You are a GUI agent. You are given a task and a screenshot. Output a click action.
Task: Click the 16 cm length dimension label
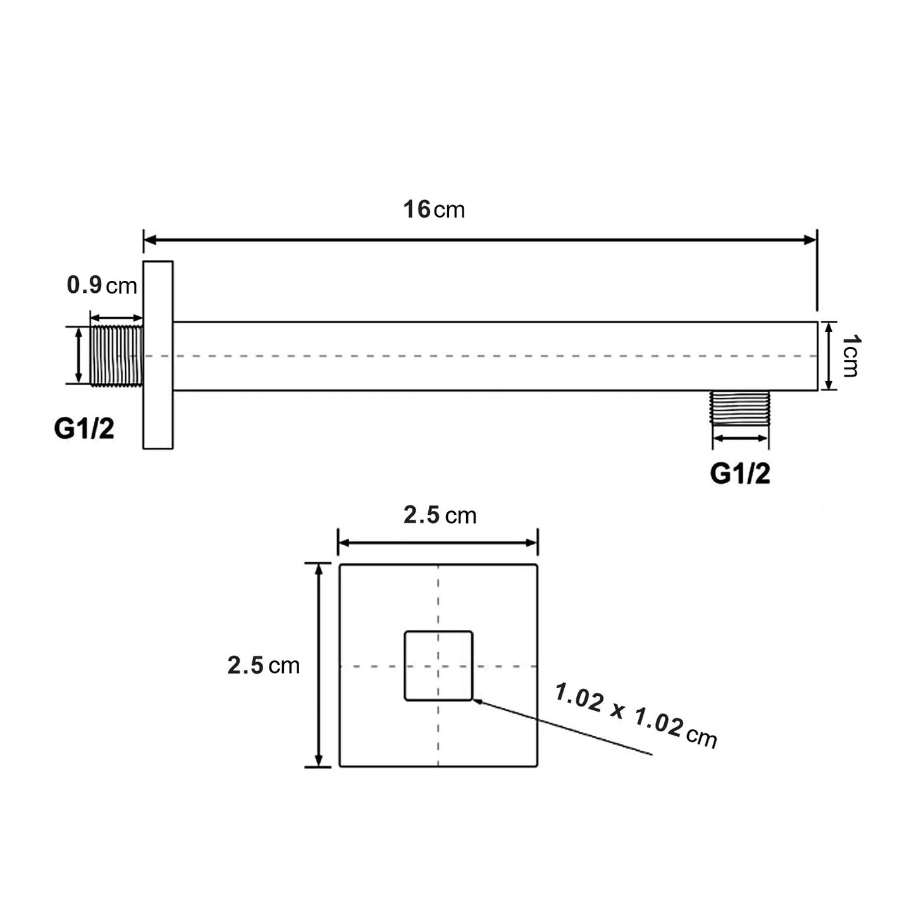[x=434, y=209]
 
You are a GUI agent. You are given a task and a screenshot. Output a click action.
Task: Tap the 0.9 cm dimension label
[x=102, y=285]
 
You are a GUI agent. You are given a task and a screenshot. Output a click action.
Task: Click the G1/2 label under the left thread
[x=84, y=429]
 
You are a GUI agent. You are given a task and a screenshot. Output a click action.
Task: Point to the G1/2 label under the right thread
[x=740, y=473]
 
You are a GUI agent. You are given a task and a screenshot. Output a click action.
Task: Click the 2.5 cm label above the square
[x=440, y=516]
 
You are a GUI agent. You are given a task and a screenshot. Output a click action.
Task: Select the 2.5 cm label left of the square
[x=263, y=665]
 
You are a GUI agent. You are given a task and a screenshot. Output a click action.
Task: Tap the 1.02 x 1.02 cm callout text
[x=636, y=715]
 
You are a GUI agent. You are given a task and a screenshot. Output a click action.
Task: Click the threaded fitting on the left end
[x=117, y=355]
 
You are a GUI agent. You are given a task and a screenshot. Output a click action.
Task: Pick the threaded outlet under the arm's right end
[x=740, y=407]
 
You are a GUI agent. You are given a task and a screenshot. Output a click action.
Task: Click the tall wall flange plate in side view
[x=158, y=355]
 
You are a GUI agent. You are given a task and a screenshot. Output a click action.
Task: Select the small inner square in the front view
[x=438, y=665]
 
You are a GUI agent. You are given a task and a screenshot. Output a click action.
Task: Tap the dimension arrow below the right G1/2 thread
[x=740, y=438]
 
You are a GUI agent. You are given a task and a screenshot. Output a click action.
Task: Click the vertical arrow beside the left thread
[x=78, y=355]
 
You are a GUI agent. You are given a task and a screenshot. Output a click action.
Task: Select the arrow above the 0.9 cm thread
[x=116, y=318]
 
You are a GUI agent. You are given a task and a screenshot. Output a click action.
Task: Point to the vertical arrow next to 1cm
[x=829, y=356]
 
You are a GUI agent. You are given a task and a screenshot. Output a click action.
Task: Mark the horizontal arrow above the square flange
[x=438, y=543]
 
